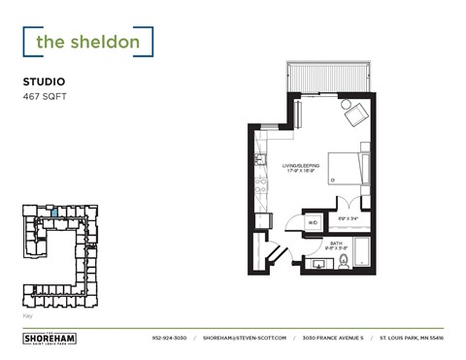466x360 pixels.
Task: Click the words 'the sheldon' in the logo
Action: [87, 42]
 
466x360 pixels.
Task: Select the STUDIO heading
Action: [45, 83]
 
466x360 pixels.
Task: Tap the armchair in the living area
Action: [354, 116]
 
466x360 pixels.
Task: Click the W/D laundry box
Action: [313, 222]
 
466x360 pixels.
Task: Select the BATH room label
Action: [336, 243]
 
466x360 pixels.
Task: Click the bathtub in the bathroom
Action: [362, 251]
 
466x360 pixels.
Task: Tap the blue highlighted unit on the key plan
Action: [55, 213]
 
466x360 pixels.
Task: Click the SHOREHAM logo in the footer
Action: [49, 338]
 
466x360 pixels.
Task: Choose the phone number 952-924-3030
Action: [169, 338]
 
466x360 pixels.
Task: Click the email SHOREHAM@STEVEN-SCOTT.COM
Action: [246, 338]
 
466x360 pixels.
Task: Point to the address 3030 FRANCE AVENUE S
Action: [333, 338]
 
